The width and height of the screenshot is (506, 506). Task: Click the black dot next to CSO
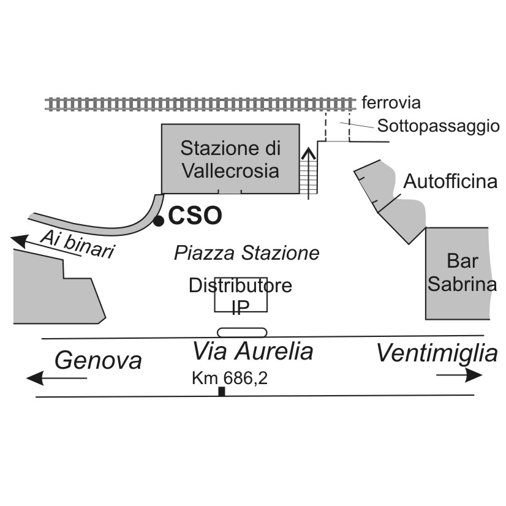(x=159, y=220)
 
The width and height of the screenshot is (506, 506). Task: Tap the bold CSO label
(x=194, y=216)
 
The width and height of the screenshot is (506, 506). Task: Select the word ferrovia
(x=391, y=102)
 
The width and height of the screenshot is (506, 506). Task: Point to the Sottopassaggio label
(x=438, y=127)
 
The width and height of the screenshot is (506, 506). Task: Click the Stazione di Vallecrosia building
(x=230, y=159)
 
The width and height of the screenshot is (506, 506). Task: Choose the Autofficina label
(x=450, y=182)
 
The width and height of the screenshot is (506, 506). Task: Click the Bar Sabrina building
(x=457, y=273)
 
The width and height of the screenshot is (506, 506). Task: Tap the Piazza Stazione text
(x=246, y=253)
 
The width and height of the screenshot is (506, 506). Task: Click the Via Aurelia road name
(x=253, y=352)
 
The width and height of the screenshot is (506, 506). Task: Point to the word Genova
(x=98, y=360)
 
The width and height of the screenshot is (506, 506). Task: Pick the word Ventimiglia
(x=436, y=353)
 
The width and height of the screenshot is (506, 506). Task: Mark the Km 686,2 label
(x=230, y=379)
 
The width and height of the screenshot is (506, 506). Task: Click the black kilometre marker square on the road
(x=222, y=391)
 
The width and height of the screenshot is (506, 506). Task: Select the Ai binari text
(x=78, y=243)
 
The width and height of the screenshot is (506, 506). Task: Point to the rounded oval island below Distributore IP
(x=243, y=332)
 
